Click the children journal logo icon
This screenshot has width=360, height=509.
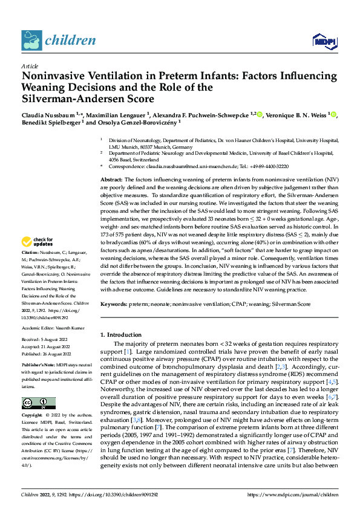pos(30,40)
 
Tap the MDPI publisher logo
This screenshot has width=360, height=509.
pos(324,41)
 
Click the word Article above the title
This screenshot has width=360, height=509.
pos(29,66)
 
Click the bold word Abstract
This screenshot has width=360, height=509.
pos(111,180)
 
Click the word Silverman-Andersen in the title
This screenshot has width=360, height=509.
pos(68,99)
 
